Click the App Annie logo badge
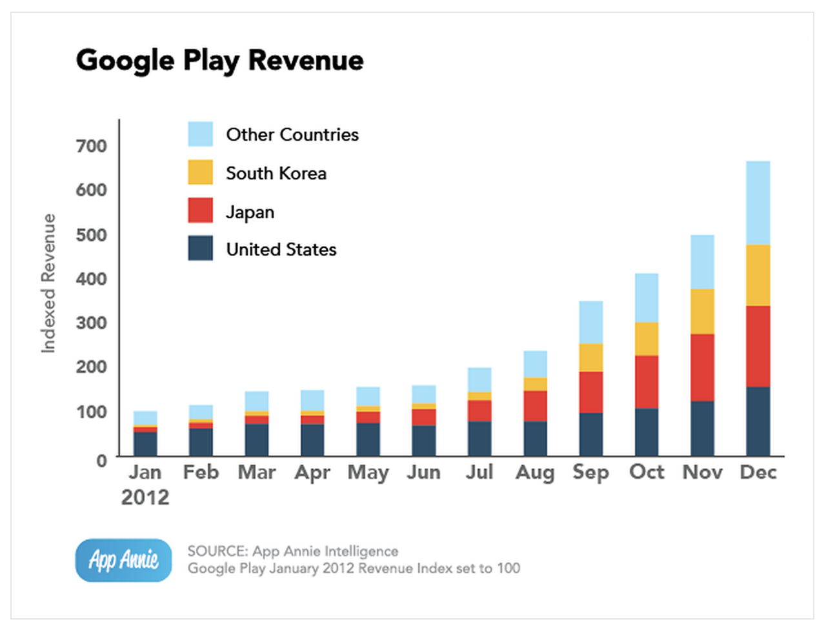123,560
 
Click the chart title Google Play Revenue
219,61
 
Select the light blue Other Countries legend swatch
200,134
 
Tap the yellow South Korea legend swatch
200,173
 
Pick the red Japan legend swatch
200,211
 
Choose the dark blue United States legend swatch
200,248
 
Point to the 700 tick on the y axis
91,146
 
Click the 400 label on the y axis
91,279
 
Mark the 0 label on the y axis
101,461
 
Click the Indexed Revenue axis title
48,284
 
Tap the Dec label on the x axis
758,472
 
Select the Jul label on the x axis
479,472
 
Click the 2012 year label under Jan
145,498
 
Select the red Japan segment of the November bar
702,367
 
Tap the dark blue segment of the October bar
647,432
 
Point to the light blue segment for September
591,322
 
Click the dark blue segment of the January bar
145,444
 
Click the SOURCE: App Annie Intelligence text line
293,551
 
